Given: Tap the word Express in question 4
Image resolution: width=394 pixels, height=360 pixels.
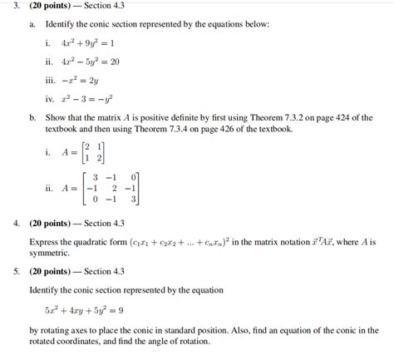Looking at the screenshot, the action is coord(44,242).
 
